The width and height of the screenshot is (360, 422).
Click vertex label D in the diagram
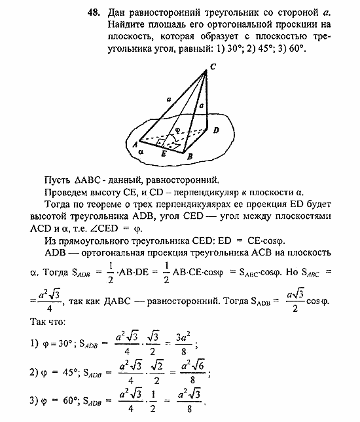pos(216,131)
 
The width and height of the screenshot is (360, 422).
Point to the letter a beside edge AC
pos(169,98)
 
